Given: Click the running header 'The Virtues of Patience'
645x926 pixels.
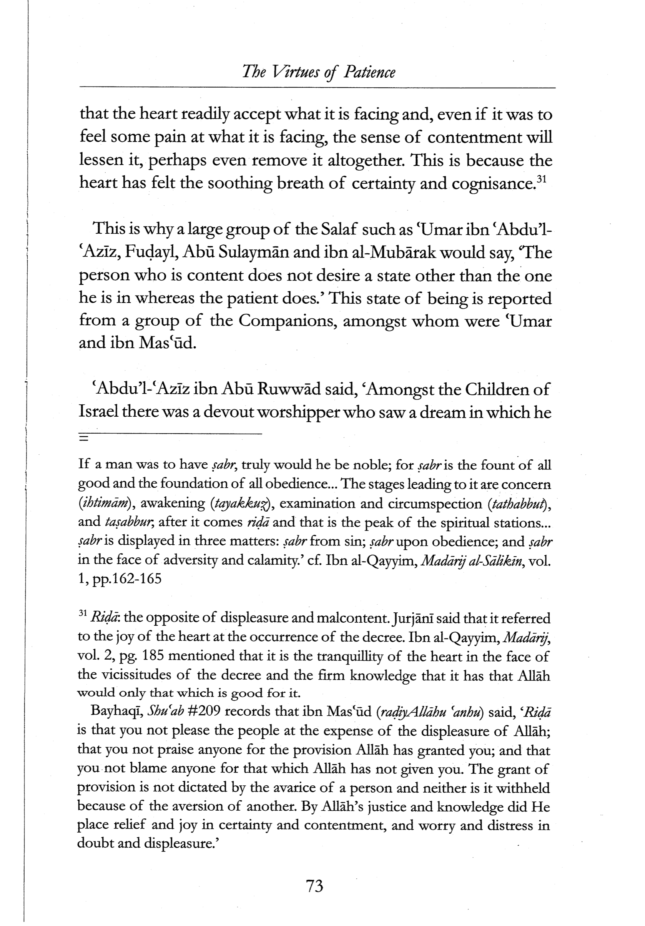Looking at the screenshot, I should click(318, 72).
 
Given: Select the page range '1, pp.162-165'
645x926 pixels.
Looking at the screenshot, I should click(120, 579).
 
